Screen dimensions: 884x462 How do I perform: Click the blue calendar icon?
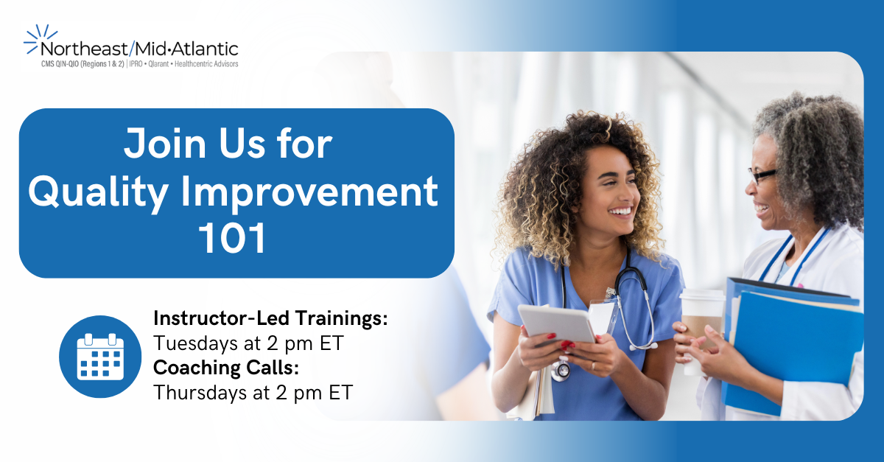100,357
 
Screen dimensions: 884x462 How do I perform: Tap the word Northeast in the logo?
84,49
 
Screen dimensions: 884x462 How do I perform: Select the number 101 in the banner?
232,238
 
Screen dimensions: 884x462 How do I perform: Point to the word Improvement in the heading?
309,194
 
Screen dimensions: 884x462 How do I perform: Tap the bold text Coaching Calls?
226,368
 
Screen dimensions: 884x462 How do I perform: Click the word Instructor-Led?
221,318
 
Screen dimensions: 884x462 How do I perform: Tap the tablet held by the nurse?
557,323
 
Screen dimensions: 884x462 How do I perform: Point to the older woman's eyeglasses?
762,175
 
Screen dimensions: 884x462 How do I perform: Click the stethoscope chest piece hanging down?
561,370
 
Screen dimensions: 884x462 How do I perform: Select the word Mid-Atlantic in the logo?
186,49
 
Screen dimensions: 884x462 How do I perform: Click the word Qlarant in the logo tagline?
158,64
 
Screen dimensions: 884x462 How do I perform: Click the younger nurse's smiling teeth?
621,211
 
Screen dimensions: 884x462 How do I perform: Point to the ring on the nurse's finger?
592,366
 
